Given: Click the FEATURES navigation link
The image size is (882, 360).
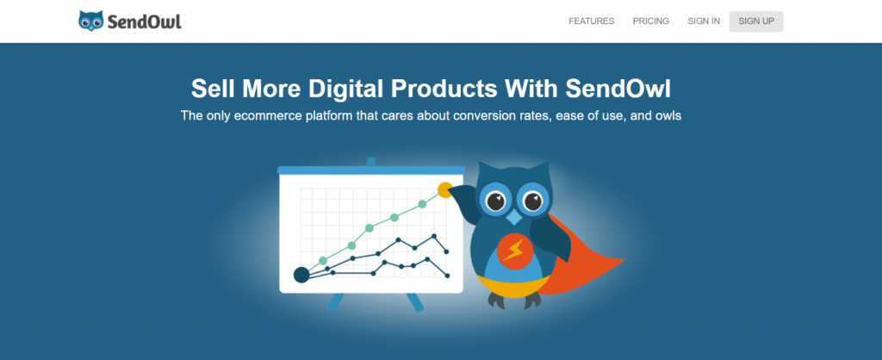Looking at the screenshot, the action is (x=591, y=22).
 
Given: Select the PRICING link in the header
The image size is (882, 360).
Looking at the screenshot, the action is (x=651, y=22).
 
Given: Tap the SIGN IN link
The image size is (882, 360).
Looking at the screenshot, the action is (x=704, y=22).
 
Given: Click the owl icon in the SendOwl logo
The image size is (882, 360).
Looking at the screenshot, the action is (x=91, y=21).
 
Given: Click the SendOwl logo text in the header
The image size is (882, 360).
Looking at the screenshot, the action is (x=145, y=22).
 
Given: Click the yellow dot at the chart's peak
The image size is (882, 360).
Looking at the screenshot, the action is (x=445, y=189).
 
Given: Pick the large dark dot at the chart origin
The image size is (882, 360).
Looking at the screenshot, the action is (x=301, y=275).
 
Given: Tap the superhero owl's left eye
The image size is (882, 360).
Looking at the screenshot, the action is (x=495, y=201).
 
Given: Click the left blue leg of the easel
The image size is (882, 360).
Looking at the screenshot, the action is (x=336, y=301).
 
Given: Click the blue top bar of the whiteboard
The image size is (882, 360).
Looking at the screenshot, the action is (x=371, y=170).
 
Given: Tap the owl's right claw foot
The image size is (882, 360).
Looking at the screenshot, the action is (x=531, y=301).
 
